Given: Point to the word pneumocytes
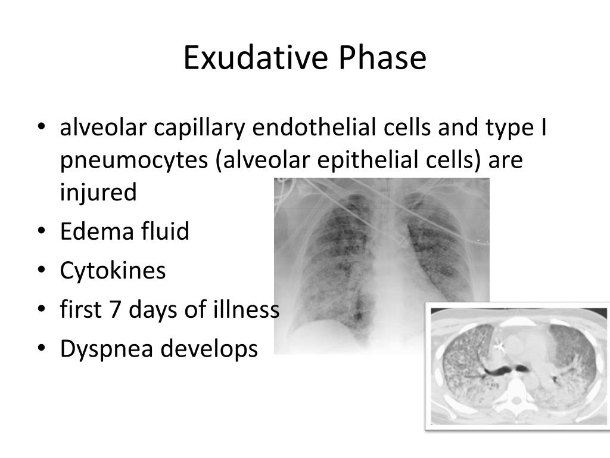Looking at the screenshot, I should tap(132, 161).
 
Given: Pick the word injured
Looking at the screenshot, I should tap(98, 193).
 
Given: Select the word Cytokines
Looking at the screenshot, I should tap(113, 271).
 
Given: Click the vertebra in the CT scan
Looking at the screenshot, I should tap(514, 394).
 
